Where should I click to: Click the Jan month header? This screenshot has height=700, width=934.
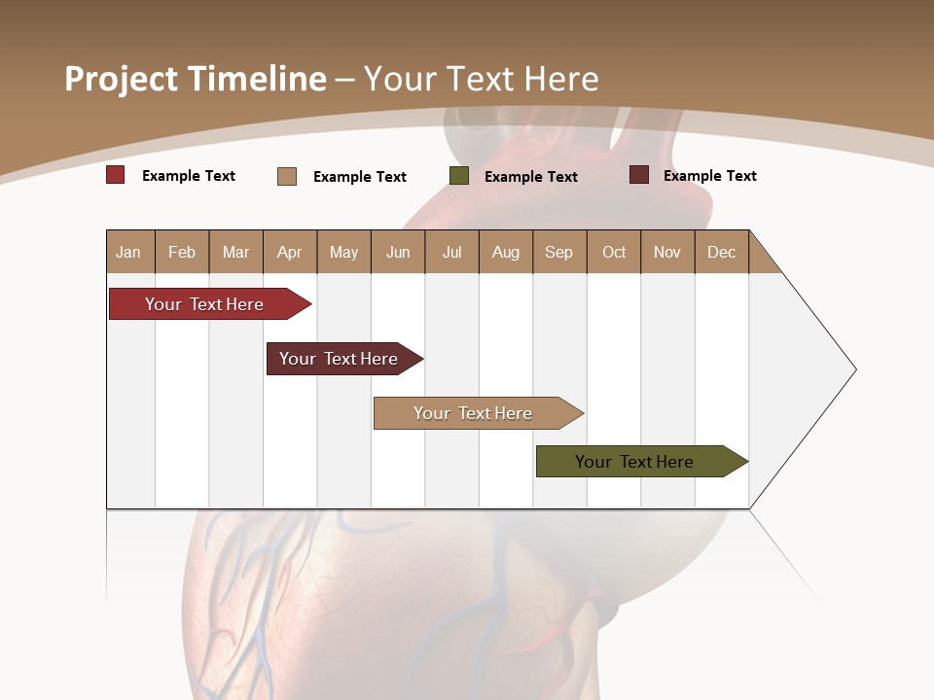pyautogui.click(x=128, y=252)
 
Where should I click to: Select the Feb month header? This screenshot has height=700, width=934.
pyautogui.click(x=182, y=252)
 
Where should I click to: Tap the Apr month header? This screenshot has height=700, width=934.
pyautogui.click(x=289, y=252)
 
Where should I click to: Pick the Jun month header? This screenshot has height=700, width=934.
pyautogui.click(x=398, y=252)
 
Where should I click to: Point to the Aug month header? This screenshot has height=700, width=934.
pyautogui.click(x=506, y=252)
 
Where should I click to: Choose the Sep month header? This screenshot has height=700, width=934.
pyautogui.click(x=558, y=252)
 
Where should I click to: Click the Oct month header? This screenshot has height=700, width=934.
pyautogui.click(x=614, y=252)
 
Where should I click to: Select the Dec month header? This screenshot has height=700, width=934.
pyautogui.click(x=721, y=252)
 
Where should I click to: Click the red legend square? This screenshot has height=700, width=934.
pyautogui.click(x=116, y=175)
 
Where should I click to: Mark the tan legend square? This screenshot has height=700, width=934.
pyautogui.click(x=287, y=176)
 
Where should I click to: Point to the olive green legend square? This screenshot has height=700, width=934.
pyautogui.click(x=459, y=176)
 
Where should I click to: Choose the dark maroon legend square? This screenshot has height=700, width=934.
pyautogui.click(x=639, y=175)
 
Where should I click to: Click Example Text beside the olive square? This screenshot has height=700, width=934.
pyautogui.click(x=530, y=177)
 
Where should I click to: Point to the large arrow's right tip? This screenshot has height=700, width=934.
pyautogui.click(x=854, y=369)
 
